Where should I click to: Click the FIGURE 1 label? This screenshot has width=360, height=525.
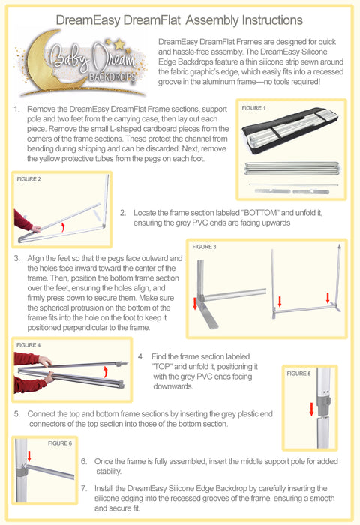253,108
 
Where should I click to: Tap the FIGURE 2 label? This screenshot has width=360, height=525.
28,179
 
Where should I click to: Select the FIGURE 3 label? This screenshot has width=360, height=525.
204,247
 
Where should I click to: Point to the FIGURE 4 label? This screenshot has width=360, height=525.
28,344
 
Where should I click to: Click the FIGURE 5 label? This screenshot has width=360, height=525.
298,373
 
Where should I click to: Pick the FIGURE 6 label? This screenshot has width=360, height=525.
59,443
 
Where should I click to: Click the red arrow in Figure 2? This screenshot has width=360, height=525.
62,227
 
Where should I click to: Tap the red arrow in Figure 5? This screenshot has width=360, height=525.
311,409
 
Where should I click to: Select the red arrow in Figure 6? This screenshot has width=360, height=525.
29,456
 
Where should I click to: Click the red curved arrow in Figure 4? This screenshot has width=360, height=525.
106,371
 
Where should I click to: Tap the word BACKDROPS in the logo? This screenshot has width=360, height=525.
112,77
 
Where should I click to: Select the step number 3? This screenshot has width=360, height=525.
16,258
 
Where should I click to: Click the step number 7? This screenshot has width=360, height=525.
84,488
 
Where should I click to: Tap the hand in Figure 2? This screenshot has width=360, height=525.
35,229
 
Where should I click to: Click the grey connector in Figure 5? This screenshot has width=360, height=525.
324,402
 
